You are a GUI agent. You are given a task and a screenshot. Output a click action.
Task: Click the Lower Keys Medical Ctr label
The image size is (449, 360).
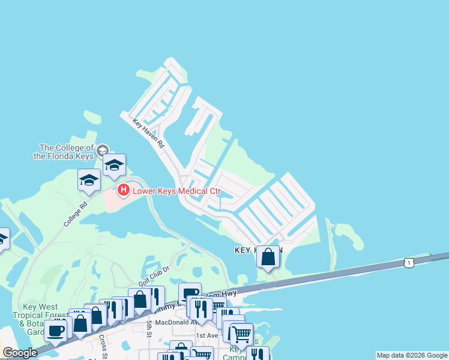click(x=177, y=192)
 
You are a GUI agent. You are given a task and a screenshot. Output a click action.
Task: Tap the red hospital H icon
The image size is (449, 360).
click(x=124, y=191)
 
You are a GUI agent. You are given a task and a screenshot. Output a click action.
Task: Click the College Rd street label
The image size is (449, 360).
click(x=75, y=214)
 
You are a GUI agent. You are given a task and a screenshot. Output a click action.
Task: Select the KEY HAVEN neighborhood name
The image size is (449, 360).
click(x=258, y=250)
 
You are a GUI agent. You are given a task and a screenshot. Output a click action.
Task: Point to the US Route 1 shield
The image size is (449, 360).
click(x=409, y=263)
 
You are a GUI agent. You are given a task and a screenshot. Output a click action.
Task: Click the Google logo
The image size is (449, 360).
click(x=20, y=353)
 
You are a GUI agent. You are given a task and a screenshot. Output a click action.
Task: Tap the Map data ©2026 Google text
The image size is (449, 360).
click(x=412, y=355)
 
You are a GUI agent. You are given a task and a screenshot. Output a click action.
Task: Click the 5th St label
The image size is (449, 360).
click(x=149, y=328)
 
